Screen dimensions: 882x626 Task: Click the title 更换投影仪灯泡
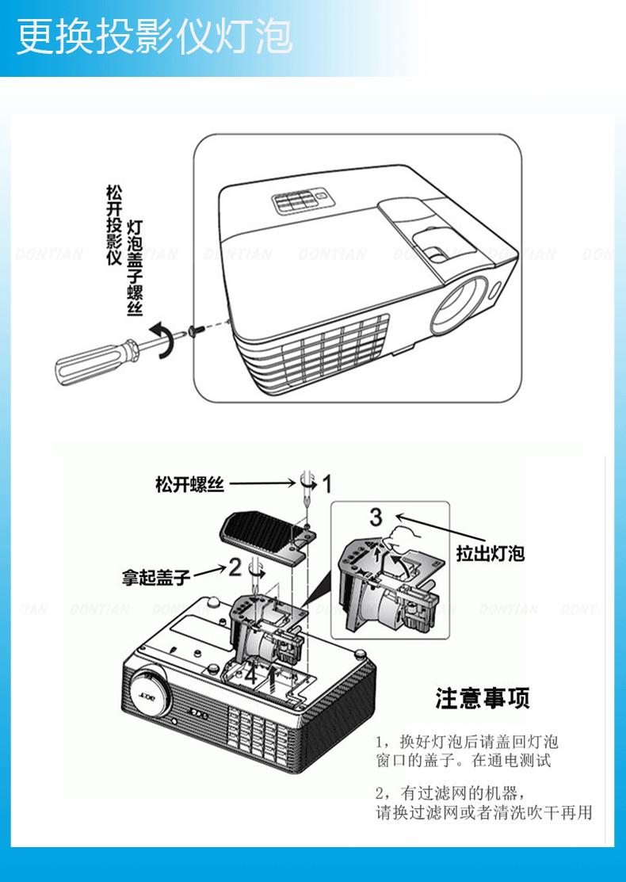(155, 37)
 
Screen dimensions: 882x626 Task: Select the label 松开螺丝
(189, 484)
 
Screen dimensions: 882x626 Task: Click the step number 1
(327, 483)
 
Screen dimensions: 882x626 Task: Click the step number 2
(235, 566)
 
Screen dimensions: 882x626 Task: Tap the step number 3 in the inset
(376, 517)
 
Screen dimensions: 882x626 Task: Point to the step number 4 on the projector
(250, 675)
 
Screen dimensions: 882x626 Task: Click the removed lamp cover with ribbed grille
(261, 533)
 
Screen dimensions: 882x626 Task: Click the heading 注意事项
(482, 698)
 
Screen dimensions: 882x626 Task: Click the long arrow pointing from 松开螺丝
(261, 483)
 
